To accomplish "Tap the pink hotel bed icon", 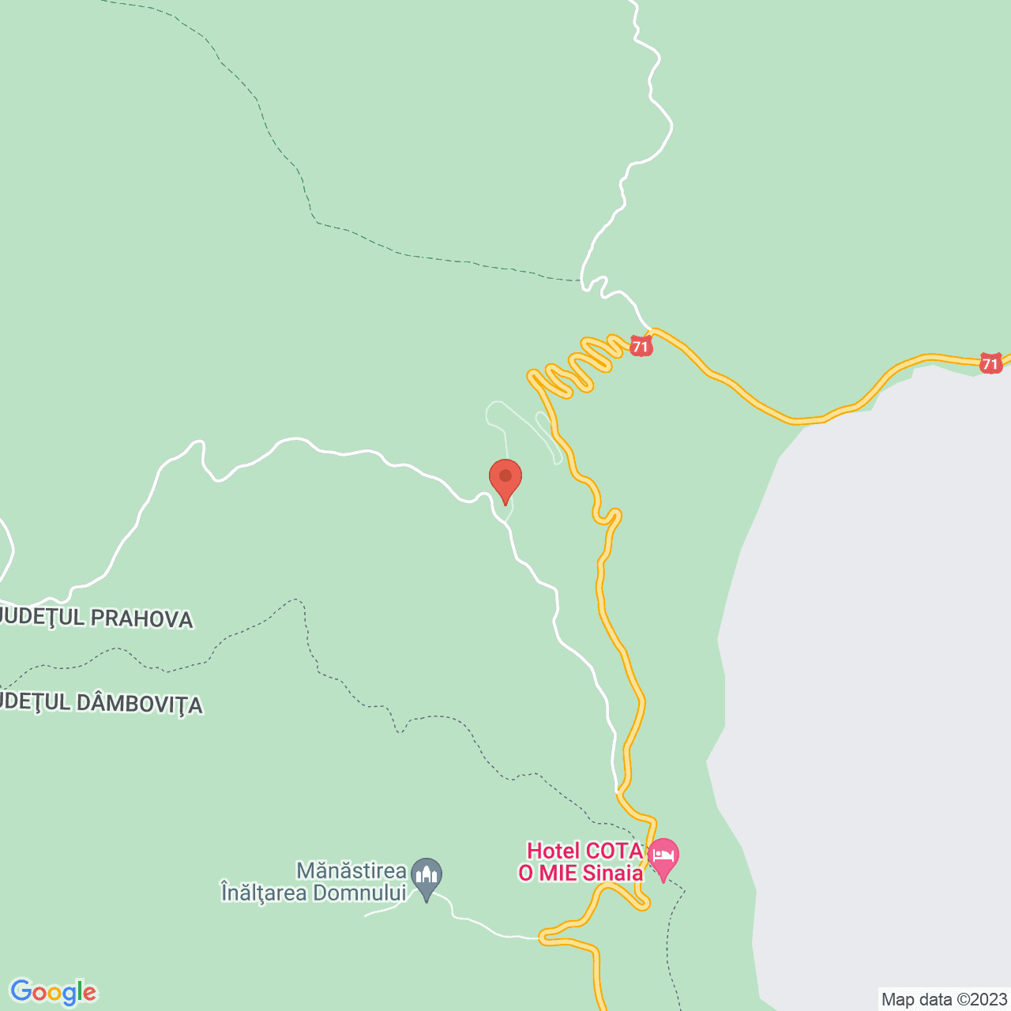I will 663,857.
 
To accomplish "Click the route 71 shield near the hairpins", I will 641,346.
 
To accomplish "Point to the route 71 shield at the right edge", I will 990,364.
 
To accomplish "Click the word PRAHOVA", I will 141,618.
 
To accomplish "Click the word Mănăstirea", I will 351,871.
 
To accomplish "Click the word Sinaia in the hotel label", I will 612,873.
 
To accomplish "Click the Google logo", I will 53,992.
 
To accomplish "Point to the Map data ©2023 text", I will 944,999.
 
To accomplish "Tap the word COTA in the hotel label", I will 614,851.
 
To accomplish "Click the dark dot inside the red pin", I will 505,475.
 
